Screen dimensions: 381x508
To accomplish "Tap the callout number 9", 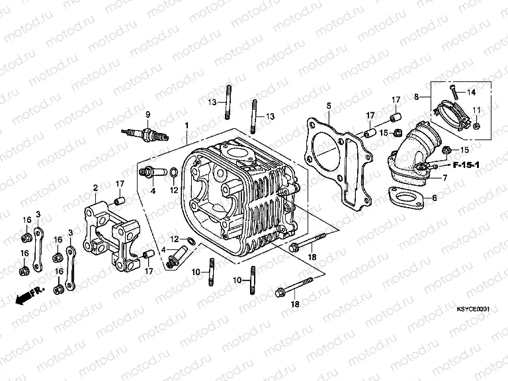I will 148,114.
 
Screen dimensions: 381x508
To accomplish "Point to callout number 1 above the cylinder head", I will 187,126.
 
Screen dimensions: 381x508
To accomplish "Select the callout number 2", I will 95,188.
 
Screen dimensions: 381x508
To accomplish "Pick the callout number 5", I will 328,105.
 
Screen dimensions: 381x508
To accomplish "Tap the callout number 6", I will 434,198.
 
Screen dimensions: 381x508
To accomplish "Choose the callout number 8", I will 416,97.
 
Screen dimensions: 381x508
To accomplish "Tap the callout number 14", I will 472,92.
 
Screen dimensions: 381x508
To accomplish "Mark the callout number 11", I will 476,109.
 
